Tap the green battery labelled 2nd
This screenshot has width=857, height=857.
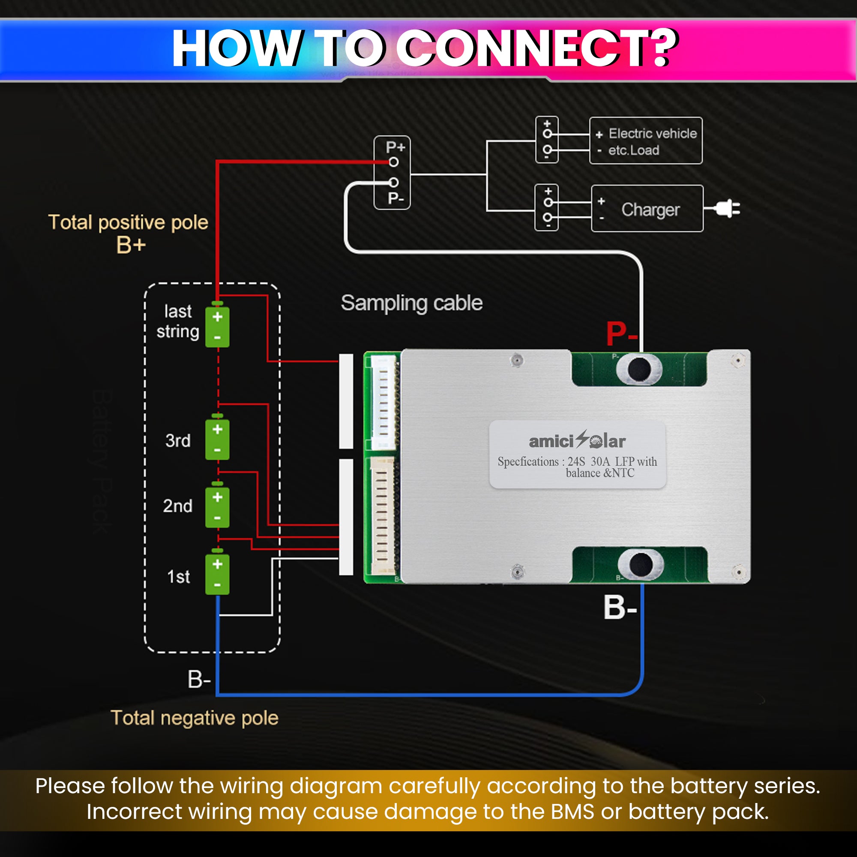click(x=217, y=506)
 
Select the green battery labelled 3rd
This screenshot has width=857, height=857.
click(x=217, y=437)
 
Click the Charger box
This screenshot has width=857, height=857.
click(x=647, y=209)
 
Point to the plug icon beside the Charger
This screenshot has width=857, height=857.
click(x=726, y=209)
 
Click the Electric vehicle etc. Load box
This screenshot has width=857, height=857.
click(x=646, y=141)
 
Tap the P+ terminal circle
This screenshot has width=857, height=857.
click(x=393, y=162)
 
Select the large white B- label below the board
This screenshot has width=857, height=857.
click(x=620, y=607)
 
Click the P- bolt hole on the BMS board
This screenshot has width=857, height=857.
click(x=639, y=369)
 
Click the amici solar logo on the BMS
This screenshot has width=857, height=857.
click(x=577, y=440)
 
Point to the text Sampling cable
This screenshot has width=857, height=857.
click(x=412, y=303)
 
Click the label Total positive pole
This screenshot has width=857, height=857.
click(x=128, y=222)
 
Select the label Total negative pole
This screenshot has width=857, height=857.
click(x=195, y=718)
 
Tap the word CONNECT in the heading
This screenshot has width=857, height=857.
click(x=524, y=48)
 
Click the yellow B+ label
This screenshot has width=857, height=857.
click(x=131, y=245)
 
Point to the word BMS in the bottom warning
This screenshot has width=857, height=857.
click(x=572, y=811)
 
